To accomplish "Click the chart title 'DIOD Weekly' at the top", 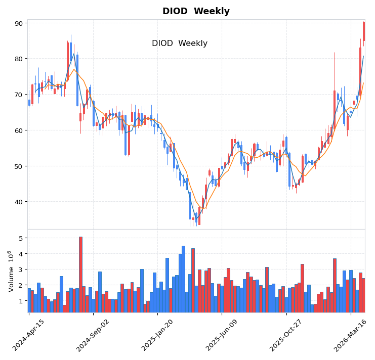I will pos(196,11).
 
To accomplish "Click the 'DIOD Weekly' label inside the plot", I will pos(180,43).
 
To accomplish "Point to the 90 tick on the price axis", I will pos(19,23).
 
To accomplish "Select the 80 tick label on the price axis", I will pos(19,59).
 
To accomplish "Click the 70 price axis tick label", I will pos(19,95).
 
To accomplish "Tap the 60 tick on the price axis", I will pos(19,130).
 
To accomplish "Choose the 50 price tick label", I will pos(19,166).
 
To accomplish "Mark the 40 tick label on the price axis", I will pos(19,202).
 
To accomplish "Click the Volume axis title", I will pos(11,271).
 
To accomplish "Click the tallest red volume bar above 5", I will pos(80,274).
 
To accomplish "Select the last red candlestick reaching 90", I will pos(363,31).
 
